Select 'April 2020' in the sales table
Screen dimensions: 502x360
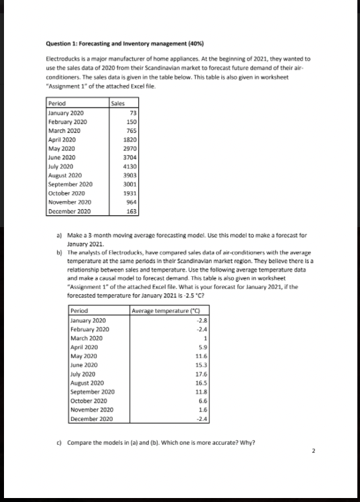(62, 140)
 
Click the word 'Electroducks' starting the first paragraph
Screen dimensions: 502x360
(61, 58)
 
